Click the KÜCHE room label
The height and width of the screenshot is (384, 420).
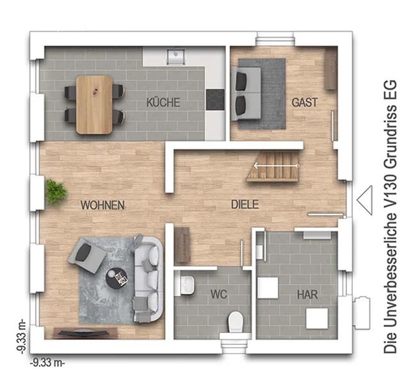pos(163,102)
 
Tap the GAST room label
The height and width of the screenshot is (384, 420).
pos(305,102)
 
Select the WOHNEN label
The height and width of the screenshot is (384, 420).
pos(103,205)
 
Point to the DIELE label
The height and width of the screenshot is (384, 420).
pos(245,204)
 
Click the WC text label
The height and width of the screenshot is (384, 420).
pos(219,294)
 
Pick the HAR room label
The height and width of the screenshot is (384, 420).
pos(307,294)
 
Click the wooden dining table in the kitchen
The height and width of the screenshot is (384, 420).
pos(94,104)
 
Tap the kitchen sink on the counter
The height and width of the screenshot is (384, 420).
pos(175,56)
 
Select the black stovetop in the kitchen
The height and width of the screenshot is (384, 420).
pos(215,100)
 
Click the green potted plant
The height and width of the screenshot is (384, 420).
pos(56,192)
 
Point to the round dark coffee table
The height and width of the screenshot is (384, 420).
pos(117,278)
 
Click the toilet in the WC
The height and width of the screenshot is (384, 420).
pos(236,323)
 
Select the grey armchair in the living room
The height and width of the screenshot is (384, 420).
pos(87,255)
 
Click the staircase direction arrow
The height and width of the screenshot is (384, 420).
pos(277,166)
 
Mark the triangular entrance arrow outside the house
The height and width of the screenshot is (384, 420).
pos(365,200)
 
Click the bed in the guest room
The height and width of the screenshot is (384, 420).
pos(246,93)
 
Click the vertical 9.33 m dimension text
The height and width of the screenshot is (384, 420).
pos(21,336)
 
